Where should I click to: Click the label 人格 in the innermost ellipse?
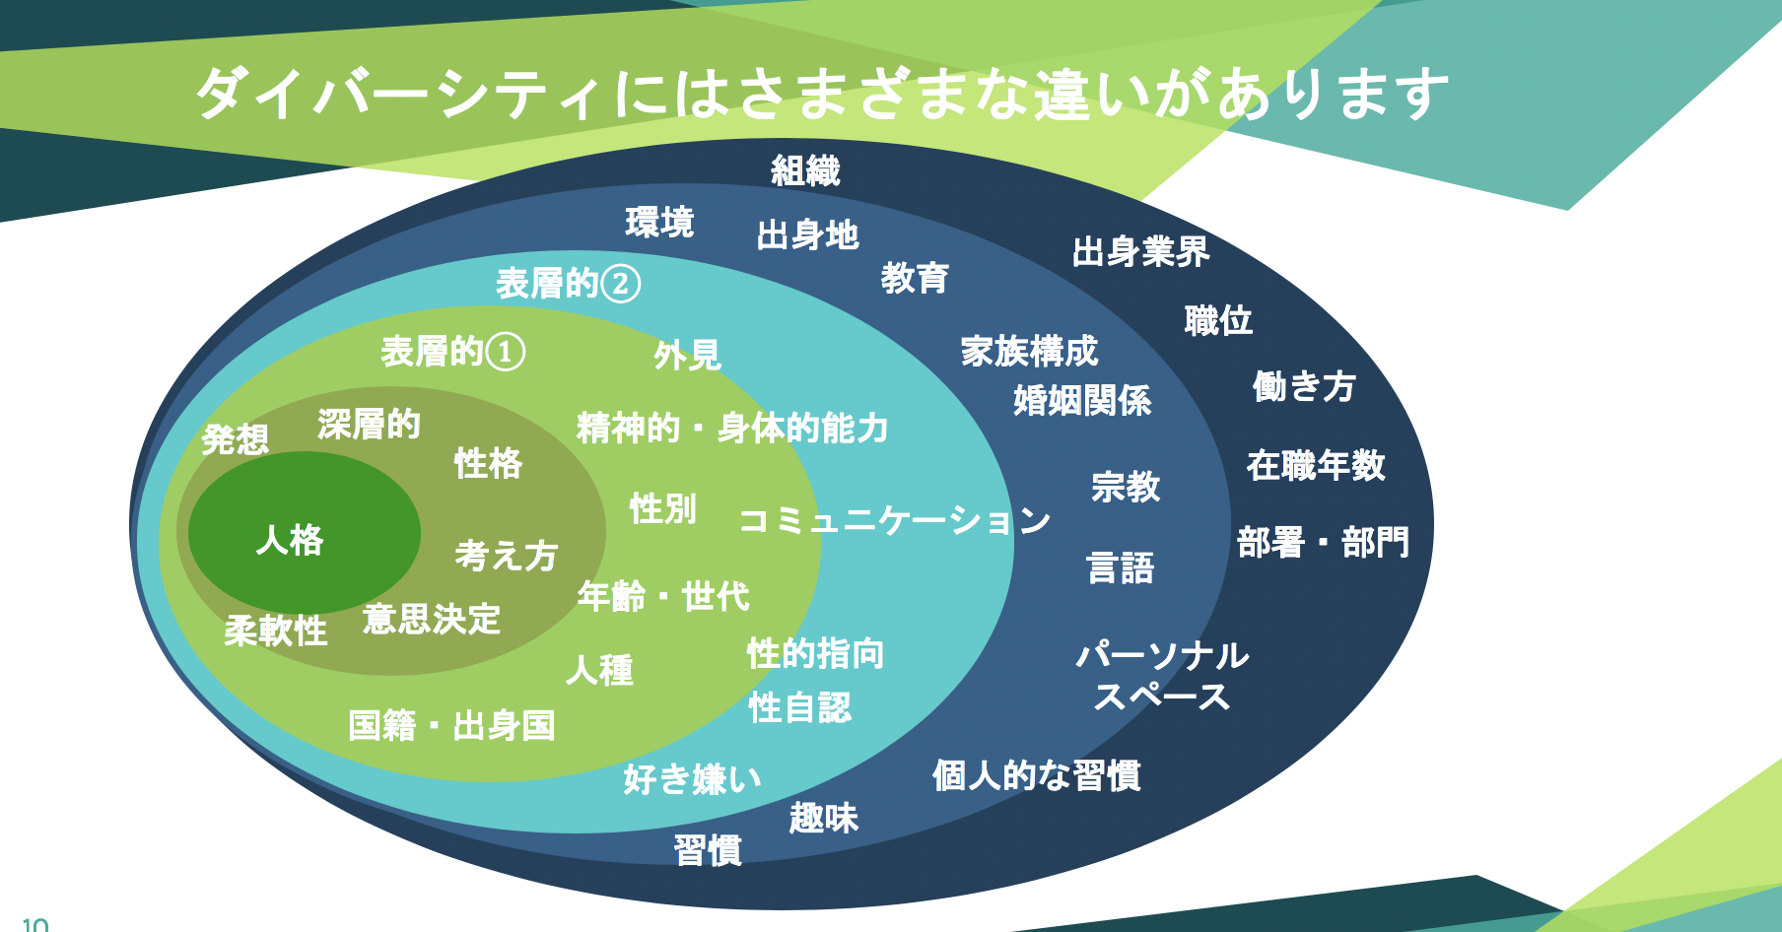click(290, 540)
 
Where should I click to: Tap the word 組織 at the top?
click(805, 171)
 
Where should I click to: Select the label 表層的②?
click(568, 284)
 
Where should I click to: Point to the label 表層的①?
click(452, 352)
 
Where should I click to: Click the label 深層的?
click(369, 425)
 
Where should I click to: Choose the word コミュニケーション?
click(894, 520)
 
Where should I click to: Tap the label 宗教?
click(1126, 487)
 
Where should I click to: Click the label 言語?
click(1120, 568)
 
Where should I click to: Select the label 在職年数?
click(1316, 465)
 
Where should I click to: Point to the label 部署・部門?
click(1323, 542)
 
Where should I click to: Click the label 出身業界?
click(1140, 252)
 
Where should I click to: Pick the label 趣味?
click(823, 818)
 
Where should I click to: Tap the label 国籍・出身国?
click(451, 726)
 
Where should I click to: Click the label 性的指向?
click(815, 653)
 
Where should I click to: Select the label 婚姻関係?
click(1082, 400)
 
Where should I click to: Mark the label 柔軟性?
click(275, 631)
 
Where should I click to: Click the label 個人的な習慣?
click(1036, 775)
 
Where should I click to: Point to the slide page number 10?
click(34, 924)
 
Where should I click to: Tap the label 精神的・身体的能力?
click(732, 428)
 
